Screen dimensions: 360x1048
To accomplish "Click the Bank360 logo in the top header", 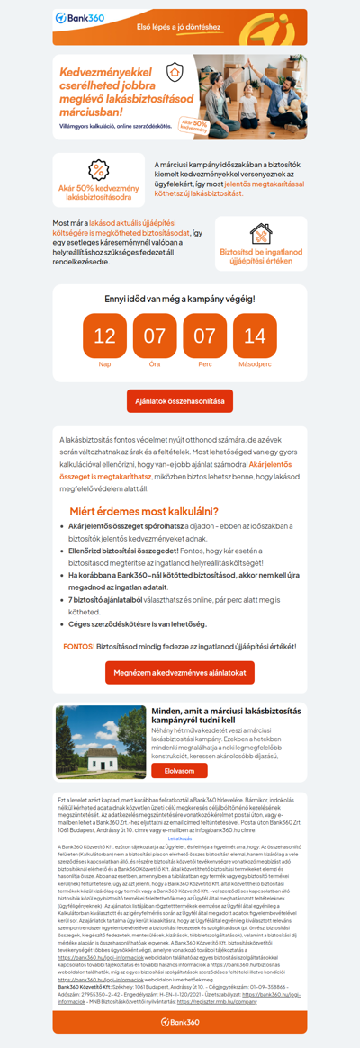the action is click(x=79, y=18).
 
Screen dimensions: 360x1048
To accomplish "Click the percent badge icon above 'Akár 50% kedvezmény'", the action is click(x=98, y=170).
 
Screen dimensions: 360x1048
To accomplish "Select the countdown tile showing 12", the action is click(x=104, y=336).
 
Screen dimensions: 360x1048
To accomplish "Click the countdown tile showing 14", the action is click(x=255, y=336).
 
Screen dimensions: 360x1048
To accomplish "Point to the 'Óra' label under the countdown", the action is click(x=155, y=364).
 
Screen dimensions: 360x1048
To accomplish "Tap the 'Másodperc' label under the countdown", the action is click(x=255, y=364).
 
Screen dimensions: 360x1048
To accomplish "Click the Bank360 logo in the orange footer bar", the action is click(x=179, y=1021).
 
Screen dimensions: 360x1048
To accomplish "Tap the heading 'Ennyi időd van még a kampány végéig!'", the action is click(x=179, y=298).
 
